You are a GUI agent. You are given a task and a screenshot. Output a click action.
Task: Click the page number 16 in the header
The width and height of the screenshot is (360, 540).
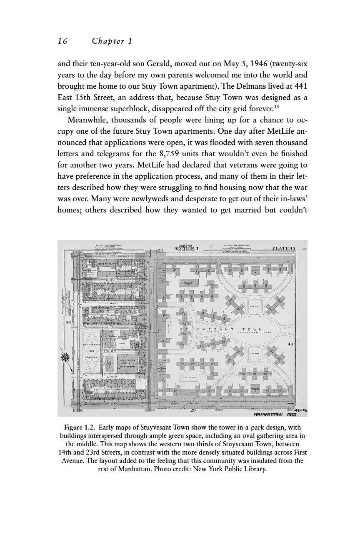(62, 41)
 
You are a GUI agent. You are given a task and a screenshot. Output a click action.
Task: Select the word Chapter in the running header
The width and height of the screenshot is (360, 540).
(108, 41)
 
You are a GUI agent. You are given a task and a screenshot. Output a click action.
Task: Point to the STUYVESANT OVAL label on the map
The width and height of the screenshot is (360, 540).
(255, 332)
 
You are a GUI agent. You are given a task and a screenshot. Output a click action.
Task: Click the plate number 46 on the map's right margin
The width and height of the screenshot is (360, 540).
(291, 344)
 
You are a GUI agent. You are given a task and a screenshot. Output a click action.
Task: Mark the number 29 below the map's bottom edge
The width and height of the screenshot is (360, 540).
(193, 411)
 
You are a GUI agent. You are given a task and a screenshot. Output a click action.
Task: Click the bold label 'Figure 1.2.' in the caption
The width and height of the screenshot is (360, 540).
(82, 427)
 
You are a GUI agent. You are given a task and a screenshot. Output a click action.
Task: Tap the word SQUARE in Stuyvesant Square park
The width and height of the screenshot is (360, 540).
(92, 357)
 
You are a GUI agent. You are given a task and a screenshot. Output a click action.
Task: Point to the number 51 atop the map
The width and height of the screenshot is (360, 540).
(160, 250)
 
